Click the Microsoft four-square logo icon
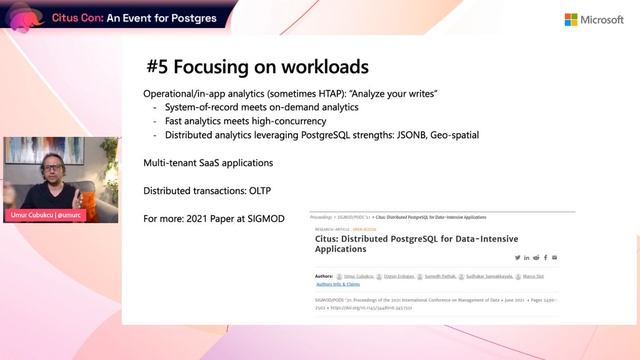click(572, 19)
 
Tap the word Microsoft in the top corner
click(602, 19)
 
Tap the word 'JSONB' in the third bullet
click(401, 135)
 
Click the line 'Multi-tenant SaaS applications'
click(208, 162)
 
